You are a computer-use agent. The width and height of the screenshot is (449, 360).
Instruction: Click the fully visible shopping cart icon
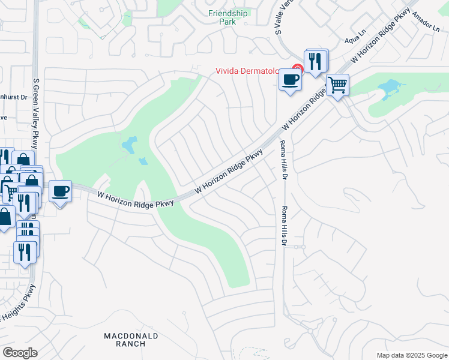click(x=337, y=85)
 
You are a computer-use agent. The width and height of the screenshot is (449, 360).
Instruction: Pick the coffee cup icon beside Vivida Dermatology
click(x=290, y=79)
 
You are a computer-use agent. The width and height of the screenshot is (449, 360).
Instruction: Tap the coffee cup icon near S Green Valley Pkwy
click(x=60, y=191)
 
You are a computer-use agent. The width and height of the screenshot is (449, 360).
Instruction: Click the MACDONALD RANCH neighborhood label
click(x=131, y=340)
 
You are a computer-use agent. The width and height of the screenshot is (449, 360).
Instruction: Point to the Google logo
click(x=20, y=353)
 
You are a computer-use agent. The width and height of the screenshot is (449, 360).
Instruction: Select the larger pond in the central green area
click(x=129, y=145)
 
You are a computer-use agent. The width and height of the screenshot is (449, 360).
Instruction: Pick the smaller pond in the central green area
click(x=143, y=161)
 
